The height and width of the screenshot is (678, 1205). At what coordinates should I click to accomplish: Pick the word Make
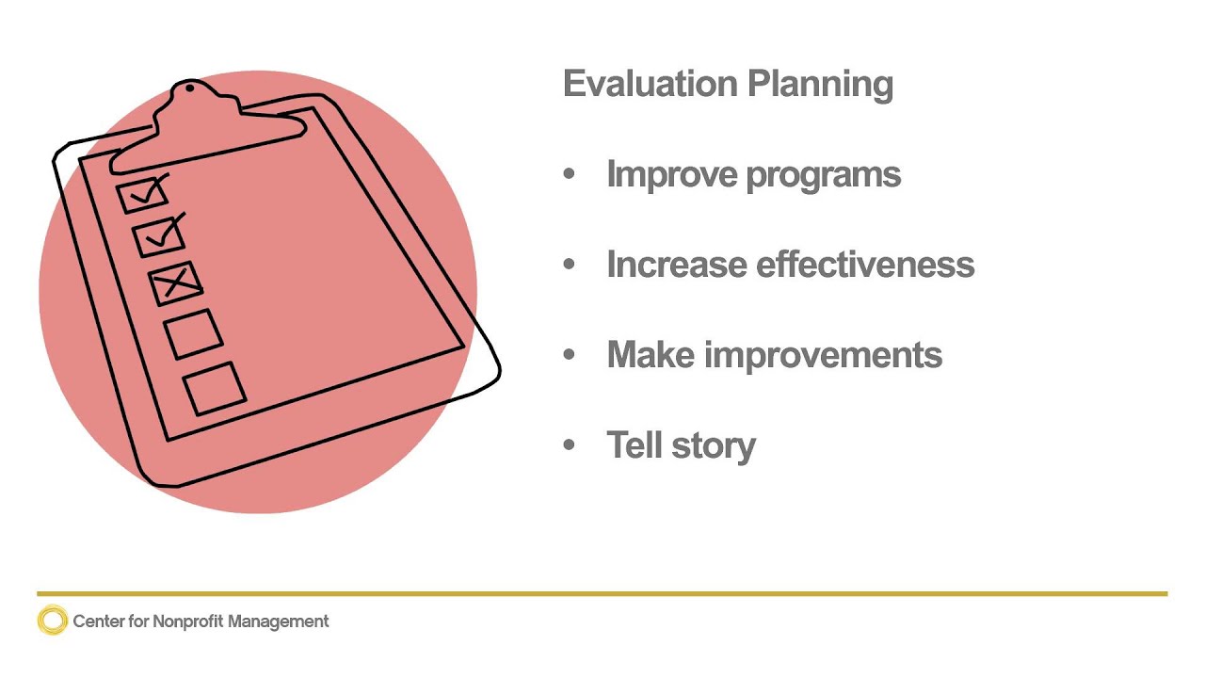point(651,355)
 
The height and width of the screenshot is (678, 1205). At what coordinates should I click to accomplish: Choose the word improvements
point(824,356)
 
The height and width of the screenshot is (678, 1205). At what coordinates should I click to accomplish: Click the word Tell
point(635,444)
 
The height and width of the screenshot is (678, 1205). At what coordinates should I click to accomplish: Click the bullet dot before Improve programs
point(569,174)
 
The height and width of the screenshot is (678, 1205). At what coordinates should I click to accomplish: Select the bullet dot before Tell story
point(569,444)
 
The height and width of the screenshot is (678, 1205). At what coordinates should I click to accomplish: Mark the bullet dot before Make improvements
point(569,355)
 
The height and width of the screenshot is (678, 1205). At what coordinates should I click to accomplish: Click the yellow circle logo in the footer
point(53,621)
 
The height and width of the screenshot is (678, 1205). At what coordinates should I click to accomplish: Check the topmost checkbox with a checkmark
point(142,195)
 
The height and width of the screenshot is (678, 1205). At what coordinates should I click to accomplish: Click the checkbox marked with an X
point(176,282)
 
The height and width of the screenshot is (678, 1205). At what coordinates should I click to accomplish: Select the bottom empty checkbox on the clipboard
point(215,388)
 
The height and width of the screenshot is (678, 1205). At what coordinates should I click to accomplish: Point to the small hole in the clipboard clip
point(190,89)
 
